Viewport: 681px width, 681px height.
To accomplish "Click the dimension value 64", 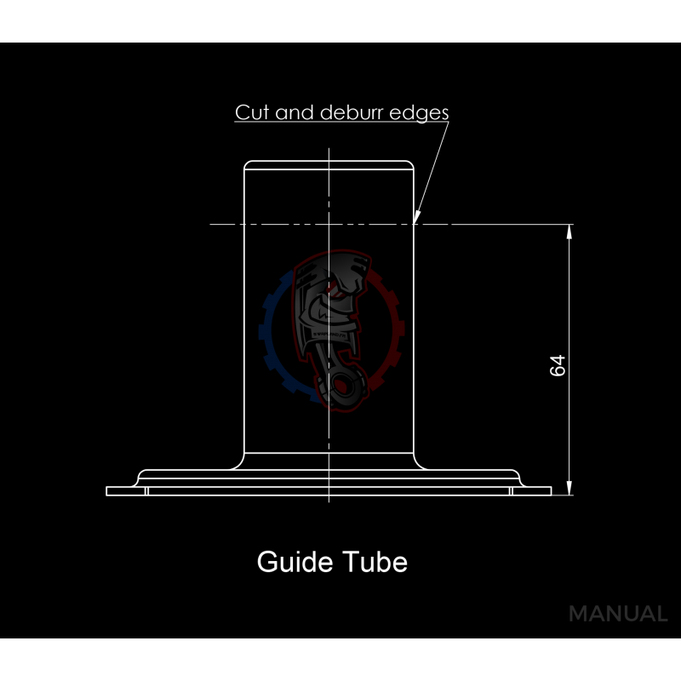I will coord(558,366).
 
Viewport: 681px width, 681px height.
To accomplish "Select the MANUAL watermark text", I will coord(617,614).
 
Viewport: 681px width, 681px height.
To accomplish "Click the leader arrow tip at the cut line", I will coord(415,222).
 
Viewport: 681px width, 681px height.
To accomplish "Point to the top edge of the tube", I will coord(329,162).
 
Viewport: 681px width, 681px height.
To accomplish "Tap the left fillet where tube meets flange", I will coord(239,462).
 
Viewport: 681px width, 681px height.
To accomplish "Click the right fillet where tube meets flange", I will coord(420,462).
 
